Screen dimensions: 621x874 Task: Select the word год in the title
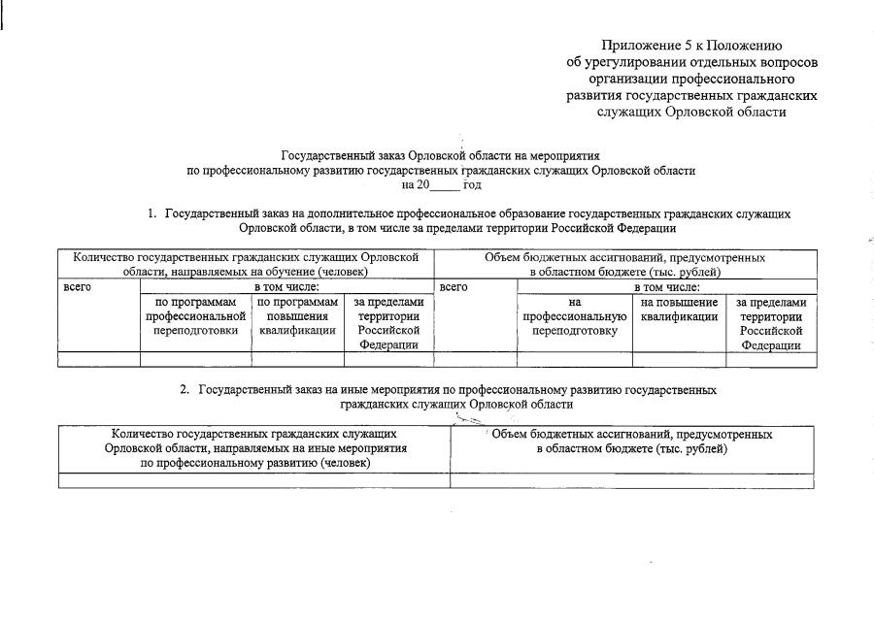tap(472, 184)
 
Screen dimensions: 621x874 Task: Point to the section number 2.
tap(185, 390)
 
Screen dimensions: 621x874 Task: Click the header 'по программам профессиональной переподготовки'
tap(195, 316)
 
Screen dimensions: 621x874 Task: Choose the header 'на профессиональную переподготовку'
tap(574, 316)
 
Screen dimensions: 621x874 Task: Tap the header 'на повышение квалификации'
tap(679, 310)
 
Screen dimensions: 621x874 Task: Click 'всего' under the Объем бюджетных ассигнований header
tap(454, 287)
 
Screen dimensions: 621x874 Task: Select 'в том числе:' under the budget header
tap(666, 287)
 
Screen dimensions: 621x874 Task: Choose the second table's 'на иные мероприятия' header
tap(255, 449)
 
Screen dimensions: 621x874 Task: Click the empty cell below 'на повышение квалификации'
tap(679, 360)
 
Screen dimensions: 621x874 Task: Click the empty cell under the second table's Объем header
tap(632, 480)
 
